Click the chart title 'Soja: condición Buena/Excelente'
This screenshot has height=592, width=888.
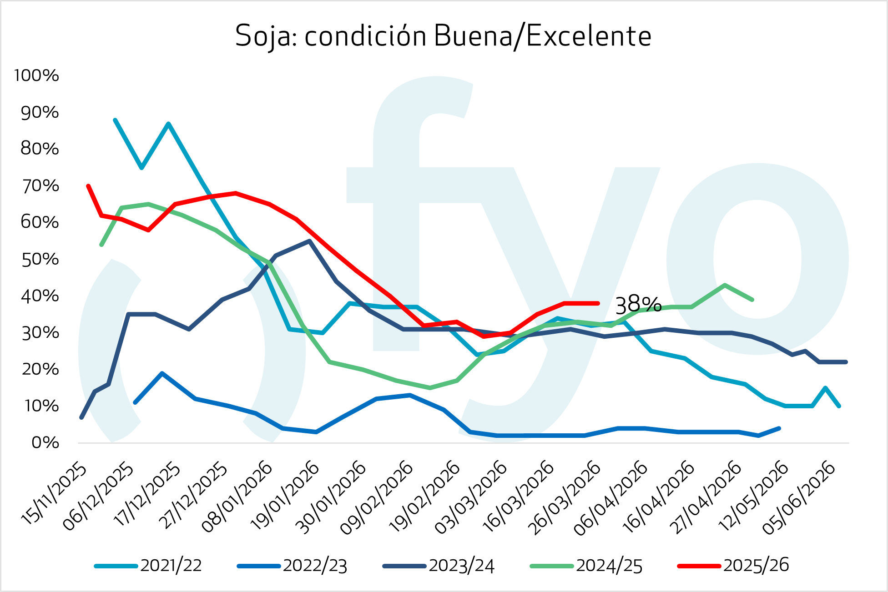443,36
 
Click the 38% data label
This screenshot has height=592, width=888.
638,305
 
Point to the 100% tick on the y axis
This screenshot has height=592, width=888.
36,75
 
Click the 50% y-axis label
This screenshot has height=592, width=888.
40,259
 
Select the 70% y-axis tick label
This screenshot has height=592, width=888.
40,186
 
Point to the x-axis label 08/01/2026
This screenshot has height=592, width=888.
237,497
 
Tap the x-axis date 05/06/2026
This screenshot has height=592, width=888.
800,497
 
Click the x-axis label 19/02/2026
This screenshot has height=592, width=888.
425,497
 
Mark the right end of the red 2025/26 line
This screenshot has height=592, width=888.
598,303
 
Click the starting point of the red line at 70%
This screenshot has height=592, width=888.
88,186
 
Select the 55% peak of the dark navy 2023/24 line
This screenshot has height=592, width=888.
309,241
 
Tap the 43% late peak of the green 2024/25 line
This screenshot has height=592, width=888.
724,285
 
